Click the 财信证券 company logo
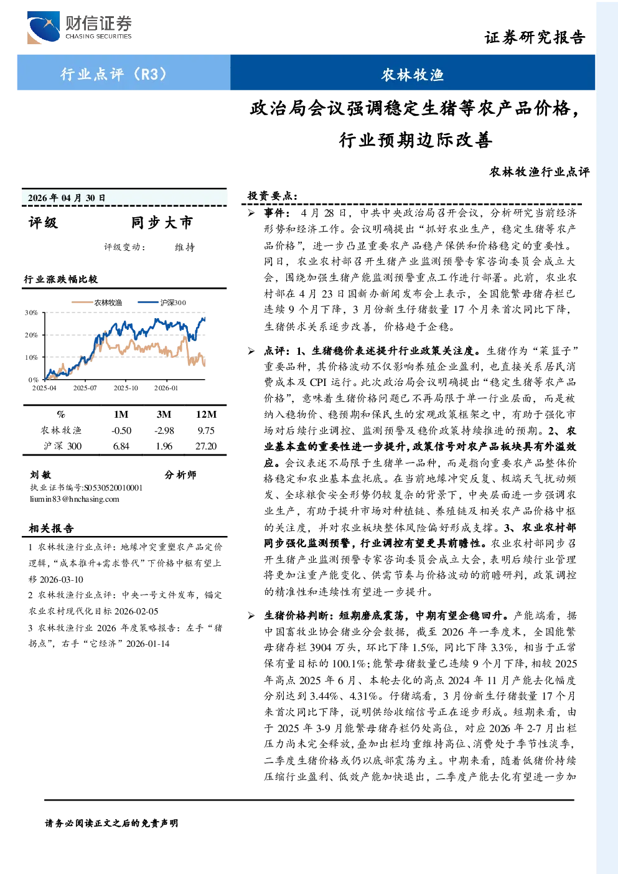80,27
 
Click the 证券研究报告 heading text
535,37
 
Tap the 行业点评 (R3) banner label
114,73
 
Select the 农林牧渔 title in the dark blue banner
413,75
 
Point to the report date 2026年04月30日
67,198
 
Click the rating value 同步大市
162,222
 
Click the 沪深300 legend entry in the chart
162,303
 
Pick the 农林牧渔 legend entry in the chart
96,303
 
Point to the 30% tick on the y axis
31,312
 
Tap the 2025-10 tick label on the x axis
126,388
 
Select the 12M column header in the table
206,415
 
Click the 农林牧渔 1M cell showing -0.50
121,430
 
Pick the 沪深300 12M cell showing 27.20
206,446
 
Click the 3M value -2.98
164,430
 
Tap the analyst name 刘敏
40,474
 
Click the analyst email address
75,499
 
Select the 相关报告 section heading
51,529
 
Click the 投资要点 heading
273,196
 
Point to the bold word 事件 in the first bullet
274,213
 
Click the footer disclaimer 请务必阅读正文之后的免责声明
111,823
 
